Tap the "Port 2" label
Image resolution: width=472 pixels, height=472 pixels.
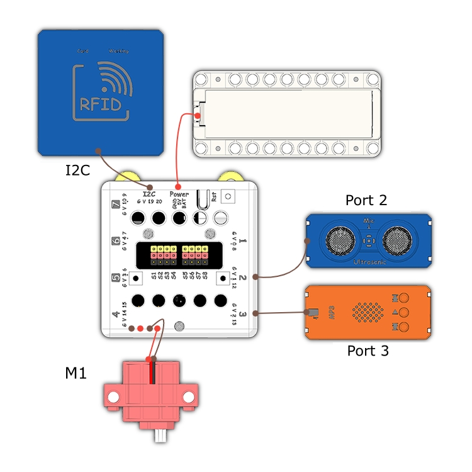[x=366, y=201]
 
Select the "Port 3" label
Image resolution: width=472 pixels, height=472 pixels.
[x=368, y=351]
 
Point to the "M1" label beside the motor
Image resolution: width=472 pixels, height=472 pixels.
[x=76, y=374]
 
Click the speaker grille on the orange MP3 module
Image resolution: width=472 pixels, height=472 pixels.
[x=367, y=312]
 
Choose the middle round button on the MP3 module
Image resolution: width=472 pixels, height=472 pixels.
[x=404, y=312]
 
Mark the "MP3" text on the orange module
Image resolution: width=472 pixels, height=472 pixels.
[x=330, y=313]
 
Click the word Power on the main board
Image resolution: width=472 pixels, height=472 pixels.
[x=179, y=194]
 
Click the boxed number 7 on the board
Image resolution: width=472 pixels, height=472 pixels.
[x=115, y=205]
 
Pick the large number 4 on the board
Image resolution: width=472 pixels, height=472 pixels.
[x=115, y=315]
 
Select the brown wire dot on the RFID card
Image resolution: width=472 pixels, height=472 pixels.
[x=98, y=150]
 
